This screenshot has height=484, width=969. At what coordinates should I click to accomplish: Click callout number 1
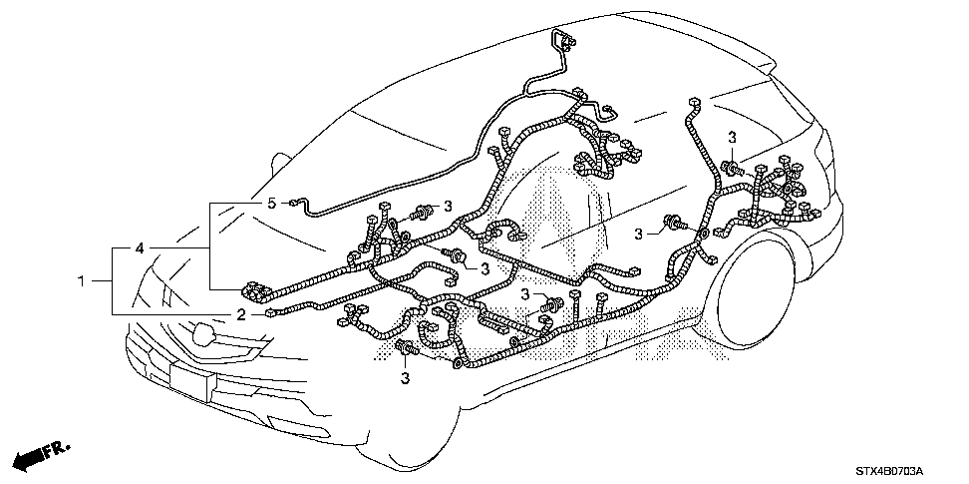pos(81,281)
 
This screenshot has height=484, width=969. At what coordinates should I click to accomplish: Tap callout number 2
pos(241,315)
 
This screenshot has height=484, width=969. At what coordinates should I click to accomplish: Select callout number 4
pos(139,248)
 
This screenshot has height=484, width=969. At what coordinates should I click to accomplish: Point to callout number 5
pos(271,203)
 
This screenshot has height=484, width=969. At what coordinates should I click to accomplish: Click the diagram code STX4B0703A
pos(889,472)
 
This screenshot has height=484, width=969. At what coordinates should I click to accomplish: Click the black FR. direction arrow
pos(42,455)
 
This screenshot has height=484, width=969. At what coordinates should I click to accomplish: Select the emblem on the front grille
pos(204,334)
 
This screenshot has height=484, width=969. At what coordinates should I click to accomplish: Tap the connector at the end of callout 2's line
pos(269,314)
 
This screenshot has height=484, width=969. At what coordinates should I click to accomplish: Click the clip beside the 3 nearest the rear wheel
pos(672,223)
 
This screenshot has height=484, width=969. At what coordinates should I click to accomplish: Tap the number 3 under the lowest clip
pos(406,378)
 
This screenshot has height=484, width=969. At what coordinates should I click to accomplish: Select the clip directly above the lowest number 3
pos(407,348)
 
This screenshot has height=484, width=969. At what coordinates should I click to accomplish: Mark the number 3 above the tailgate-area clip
pos(733,138)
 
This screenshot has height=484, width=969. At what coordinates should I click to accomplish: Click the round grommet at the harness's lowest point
pos(458,363)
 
